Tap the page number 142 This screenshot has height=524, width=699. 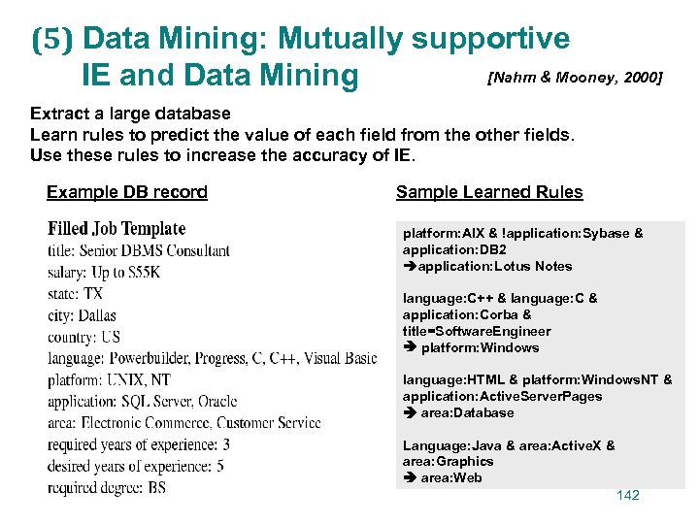coord(628,496)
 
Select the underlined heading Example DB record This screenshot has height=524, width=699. coord(127,192)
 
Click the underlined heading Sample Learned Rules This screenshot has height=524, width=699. coord(489,192)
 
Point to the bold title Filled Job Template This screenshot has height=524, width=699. coord(116,229)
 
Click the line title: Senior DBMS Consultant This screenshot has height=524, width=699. coord(139,250)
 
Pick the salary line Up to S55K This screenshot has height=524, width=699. coord(104,272)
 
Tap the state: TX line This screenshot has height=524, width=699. coord(75,293)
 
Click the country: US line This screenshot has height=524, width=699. coord(83,337)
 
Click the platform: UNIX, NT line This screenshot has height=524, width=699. coord(109,379)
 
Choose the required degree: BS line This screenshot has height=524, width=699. coord(107,487)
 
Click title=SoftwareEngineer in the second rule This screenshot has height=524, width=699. coord(477,331)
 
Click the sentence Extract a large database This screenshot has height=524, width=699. coord(130,114)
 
